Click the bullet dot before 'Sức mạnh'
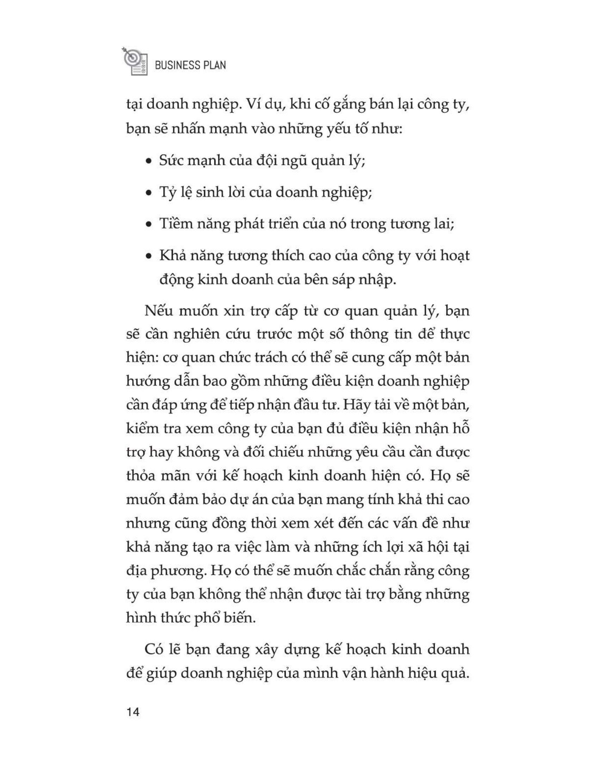(149, 161)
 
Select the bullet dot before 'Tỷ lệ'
(149, 193)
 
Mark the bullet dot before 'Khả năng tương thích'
(149, 256)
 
